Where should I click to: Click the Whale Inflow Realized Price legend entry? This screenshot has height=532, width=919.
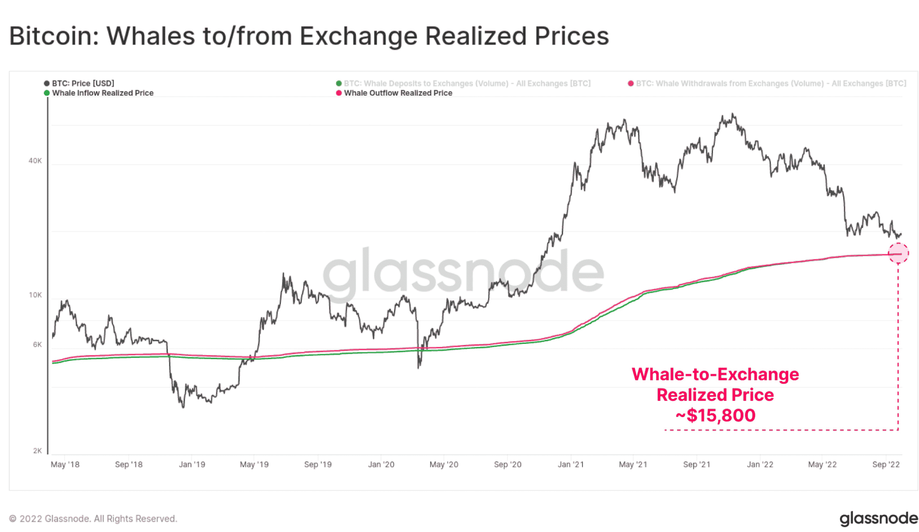[102, 93]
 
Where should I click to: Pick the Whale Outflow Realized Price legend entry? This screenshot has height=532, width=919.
[398, 93]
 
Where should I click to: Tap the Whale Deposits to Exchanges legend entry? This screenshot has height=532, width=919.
[467, 84]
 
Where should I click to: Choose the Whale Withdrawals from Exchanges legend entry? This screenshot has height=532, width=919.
[770, 84]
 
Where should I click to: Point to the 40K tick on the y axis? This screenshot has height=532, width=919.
[35, 161]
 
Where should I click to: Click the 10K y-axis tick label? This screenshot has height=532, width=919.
[35, 295]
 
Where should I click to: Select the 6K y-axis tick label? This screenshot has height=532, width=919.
[37, 345]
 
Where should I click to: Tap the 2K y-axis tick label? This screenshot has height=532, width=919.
[37, 451]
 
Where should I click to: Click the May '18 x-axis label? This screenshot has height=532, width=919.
[65, 465]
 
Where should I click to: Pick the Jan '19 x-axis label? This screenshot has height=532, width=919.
[192, 465]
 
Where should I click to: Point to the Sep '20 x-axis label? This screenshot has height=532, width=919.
[508, 465]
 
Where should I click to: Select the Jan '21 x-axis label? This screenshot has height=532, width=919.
[571, 465]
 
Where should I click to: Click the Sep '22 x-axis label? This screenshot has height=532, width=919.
[886, 465]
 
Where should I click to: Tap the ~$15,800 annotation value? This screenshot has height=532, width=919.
[715, 416]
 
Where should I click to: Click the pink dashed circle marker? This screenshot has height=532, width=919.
[898, 253]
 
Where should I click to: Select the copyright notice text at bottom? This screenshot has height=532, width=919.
[93, 519]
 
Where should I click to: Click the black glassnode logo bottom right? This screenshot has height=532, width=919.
[879, 519]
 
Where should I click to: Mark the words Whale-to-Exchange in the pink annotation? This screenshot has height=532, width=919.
[715, 374]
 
